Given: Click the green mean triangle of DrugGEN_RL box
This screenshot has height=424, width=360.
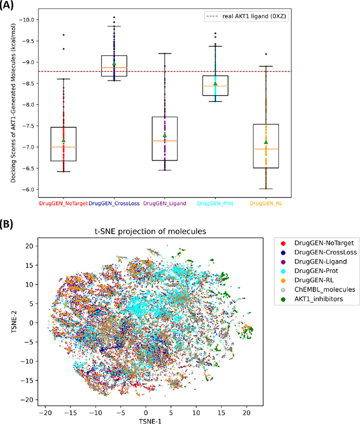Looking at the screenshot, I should pyautogui.click(x=266, y=142).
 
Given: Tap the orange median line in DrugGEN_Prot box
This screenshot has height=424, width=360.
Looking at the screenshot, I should pyautogui.click(x=215, y=86).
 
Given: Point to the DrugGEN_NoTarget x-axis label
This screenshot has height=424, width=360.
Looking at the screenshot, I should pyautogui.click(x=63, y=203).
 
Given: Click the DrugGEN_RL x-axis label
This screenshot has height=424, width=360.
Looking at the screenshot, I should pyautogui.click(x=266, y=203).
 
